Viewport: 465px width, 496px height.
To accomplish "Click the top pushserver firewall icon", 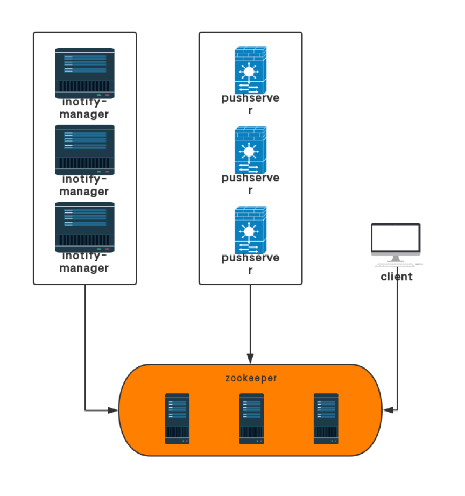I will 250,70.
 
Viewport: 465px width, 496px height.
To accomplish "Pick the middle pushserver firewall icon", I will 250,150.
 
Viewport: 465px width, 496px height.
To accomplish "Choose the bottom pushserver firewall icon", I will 250,230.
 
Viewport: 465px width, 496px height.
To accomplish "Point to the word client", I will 397,277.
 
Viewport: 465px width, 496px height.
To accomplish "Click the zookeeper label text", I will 251,378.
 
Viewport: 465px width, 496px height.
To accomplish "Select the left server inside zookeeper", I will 177,419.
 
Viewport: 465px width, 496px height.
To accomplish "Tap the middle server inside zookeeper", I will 251,419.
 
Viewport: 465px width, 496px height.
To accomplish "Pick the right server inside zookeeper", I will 326,419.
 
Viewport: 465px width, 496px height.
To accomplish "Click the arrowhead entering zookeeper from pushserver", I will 250,358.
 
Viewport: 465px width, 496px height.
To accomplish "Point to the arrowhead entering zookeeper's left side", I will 113,410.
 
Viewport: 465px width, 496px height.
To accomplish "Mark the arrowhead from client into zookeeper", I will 387,410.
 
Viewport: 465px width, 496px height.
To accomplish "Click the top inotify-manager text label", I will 84,108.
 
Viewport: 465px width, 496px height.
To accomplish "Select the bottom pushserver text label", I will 250,264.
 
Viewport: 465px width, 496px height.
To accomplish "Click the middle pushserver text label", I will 250,184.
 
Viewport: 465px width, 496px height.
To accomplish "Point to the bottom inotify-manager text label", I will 84,262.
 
